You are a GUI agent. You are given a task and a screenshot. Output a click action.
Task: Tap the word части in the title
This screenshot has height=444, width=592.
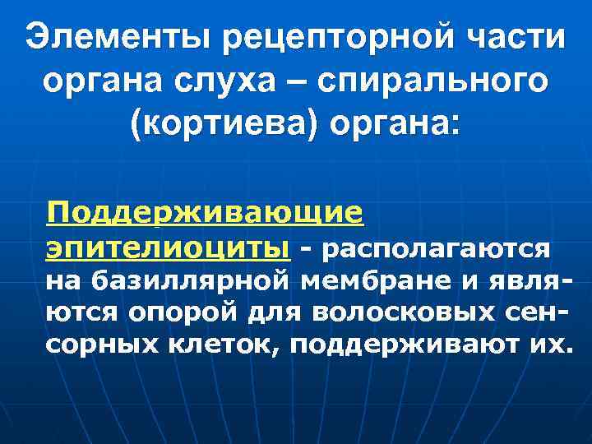(x=515, y=38)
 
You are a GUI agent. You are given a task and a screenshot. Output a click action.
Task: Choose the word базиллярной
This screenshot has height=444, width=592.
(x=191, y=282)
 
